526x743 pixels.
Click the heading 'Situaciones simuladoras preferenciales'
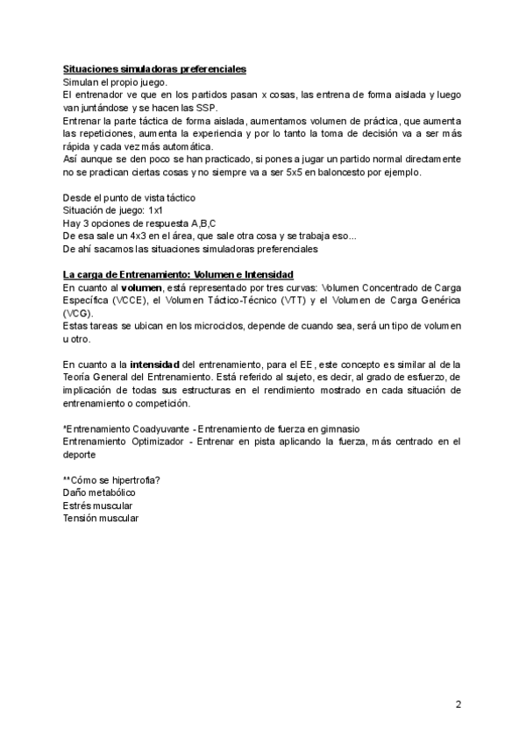tap(154, 68)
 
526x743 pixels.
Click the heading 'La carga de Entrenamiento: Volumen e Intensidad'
tap(178, 274)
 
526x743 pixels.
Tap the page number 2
tap(458, 704)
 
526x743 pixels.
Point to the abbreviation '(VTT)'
tap(292, 300)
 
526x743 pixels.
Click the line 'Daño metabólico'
tap(99, 492)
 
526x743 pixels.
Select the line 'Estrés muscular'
tap(97, 506)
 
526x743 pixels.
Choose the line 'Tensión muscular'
tap(101, 518)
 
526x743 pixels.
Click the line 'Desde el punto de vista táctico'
tap(130, 198)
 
